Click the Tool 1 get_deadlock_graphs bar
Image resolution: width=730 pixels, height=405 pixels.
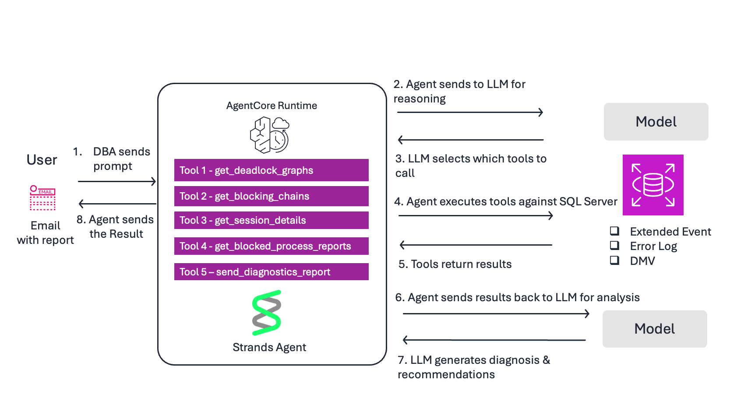[271, 170]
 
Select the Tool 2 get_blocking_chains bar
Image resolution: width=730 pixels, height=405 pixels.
[271, 196]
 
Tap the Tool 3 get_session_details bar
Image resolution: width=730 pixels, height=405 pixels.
[271, 220]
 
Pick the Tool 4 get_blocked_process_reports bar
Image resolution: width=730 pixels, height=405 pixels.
[271, 246]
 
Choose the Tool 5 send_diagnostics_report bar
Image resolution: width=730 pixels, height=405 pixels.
[271, 272]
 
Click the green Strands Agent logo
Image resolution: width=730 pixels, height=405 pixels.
[266, 313]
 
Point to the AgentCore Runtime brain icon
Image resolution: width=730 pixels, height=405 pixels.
[269, 135]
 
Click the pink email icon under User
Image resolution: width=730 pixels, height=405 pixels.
[42, 198]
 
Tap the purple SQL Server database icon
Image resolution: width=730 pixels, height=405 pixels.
[653, 185]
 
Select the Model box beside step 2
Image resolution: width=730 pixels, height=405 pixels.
[656, 122]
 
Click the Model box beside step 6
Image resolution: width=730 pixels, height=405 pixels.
[654, 329]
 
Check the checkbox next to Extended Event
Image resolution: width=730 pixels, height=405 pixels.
[615, 231]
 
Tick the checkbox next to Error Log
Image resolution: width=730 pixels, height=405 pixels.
[615, 245]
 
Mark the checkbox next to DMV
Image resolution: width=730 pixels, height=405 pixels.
[615, 260]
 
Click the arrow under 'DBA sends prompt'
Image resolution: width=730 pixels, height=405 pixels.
[117, 181]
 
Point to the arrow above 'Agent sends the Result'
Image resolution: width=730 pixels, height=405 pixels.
[117, 204]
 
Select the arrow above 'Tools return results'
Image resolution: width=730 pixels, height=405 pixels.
[476, 245]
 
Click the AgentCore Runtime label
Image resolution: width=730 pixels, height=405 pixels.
[272, 106]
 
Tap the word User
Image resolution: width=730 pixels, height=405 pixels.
[42, 160]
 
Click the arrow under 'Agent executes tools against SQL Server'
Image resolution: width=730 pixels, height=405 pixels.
[476, 215]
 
